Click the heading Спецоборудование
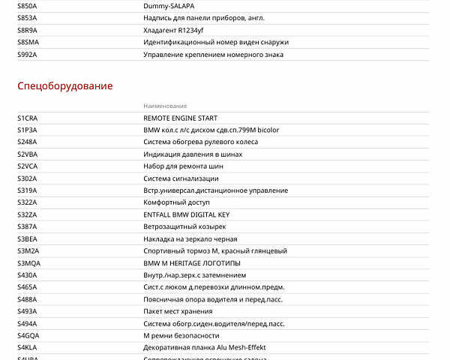click(65, 86)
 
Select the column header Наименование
click(165, 106)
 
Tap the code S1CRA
click(28, 118)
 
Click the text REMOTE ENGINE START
click(180, 118)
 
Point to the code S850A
click(27, 6)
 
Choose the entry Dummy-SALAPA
click(168, 6)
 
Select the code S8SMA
click(28, 42)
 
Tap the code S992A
click(27, 54)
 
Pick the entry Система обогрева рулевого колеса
click(200, 142)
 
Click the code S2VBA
click(28, 154)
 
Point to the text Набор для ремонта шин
click(183, 166)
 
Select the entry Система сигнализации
click(181, 178)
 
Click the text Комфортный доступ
click(176, 202)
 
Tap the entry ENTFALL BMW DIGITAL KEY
click(187, 214)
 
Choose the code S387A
click(27, 226)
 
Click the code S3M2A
click(28, 250)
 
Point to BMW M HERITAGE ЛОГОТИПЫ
click(191, 263)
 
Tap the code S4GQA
click(28, 335)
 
